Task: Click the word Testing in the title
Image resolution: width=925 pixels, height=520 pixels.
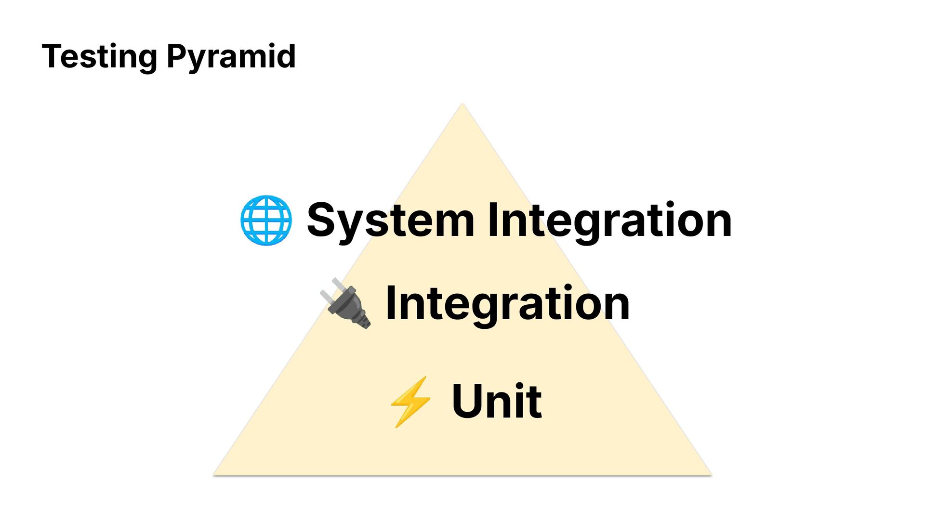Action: [x=99, y=57]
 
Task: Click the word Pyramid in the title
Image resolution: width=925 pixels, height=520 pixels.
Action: [x=231, y=57]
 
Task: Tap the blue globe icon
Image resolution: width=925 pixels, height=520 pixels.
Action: [x=266, y=220]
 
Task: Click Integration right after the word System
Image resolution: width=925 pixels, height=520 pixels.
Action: [x=609, y=221]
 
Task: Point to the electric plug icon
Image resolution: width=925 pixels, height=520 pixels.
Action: [x=346, y=303]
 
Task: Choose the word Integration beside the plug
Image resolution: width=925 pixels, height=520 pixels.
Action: [x=507, y=303]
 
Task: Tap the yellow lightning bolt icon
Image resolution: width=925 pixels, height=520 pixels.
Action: [x=410, y=402]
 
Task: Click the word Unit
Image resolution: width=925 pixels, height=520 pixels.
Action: [x=497, y=401]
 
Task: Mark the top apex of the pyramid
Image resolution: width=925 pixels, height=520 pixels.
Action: [x=462, y=104]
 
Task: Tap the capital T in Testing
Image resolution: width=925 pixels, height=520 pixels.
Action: [x=52, y=56]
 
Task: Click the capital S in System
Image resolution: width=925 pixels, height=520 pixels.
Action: [x=321, y=220]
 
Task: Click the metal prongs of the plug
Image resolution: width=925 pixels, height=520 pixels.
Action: [x=332, y=288]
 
